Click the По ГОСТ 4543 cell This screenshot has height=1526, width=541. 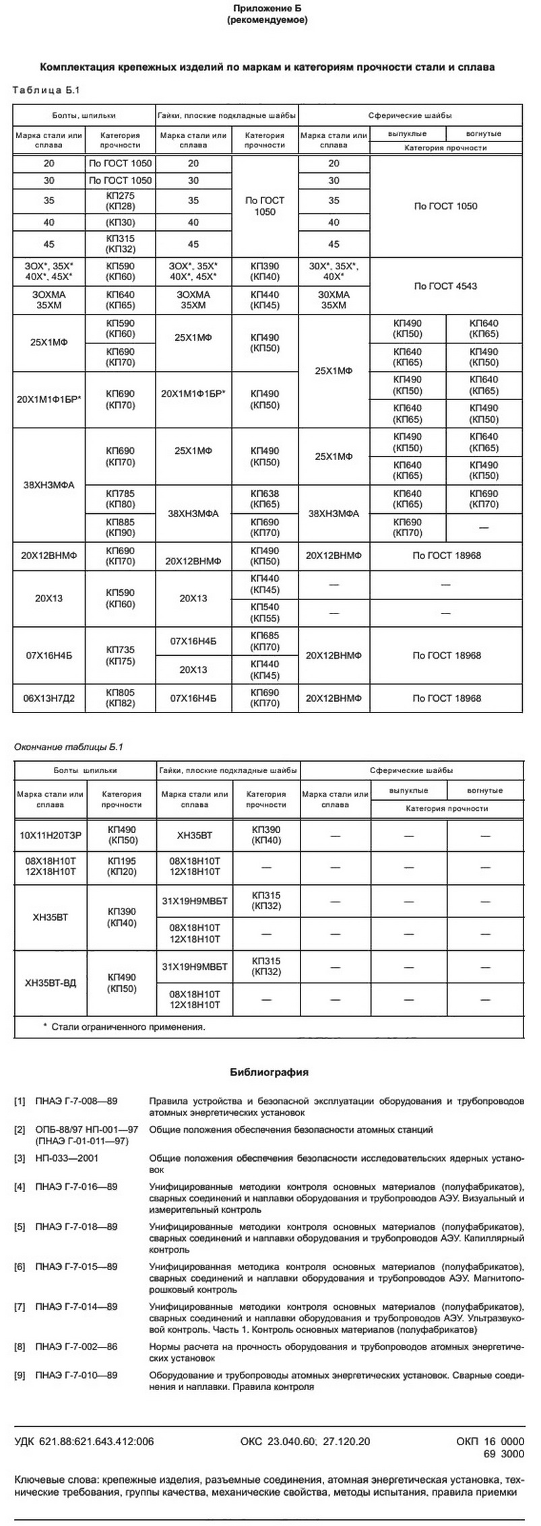pos(445,286)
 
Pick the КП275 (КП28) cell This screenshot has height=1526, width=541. pos(121,201)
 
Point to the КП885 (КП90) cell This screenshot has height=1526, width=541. pos(121,527)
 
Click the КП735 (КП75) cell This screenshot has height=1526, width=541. pos(121,655)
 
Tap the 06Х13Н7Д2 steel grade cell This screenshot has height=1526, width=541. pos(49,698)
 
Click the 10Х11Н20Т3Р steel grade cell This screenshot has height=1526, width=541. pos(51,836)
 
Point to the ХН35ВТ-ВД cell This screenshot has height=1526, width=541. pos(51,983)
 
